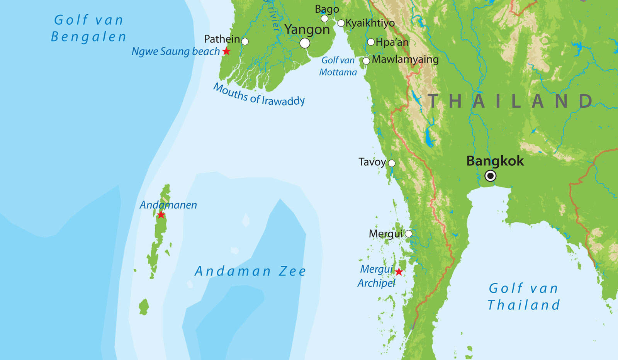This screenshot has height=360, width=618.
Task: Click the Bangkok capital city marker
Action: click(x=490, y=176)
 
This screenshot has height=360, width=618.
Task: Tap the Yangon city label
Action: click(x=307, y=30)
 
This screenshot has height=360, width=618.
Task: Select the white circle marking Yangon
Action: click(x=305, y=43)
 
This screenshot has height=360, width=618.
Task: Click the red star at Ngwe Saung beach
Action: click(x=226, y=51)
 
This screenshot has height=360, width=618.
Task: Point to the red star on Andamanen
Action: click(x=161, y=215)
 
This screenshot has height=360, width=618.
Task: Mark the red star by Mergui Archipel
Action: click(x=399, y=272)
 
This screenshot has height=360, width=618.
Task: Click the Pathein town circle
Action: click(x=245, y=41)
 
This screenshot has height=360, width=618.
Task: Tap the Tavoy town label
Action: click(x=372, y=162)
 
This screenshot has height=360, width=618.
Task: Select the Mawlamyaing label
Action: click(x=405, y=59)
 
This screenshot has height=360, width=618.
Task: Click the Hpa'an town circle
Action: click(x=371, y=42)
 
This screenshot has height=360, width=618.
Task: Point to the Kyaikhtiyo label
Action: click(x=370, y=23)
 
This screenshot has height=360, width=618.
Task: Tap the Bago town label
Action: click(x=327, y=9)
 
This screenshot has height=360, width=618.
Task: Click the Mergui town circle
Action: click(x=408, y=234)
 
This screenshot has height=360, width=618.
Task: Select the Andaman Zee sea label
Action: click(x=250, y=271)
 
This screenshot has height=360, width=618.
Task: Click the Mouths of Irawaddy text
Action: click(x=259, y=95)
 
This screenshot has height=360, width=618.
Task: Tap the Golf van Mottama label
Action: click(x=338, y=66)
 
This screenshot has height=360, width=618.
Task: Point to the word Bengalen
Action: click(x=88, y=37)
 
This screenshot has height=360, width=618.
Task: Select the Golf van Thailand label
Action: click(x=523, y=297)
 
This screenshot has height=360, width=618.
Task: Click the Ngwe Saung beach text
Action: click(x=175, y=51)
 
